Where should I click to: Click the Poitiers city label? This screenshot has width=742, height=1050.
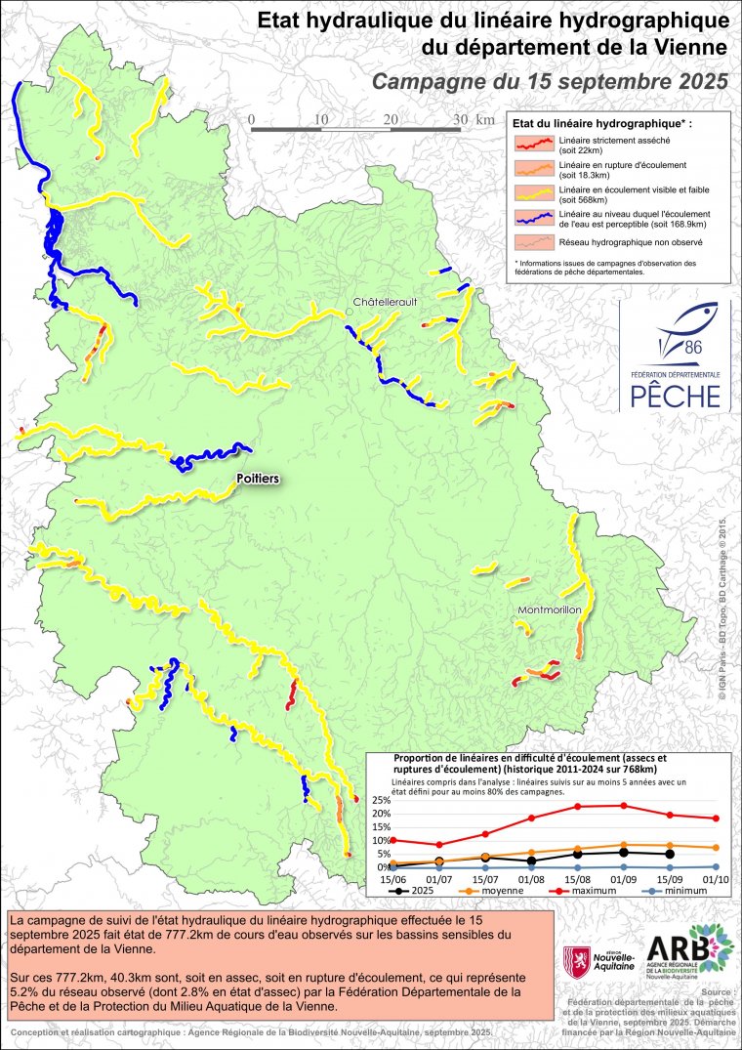click(258, 479)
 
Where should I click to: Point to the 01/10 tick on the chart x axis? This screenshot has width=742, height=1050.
click(716, 879)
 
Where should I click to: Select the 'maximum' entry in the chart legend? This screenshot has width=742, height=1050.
click(579, 891)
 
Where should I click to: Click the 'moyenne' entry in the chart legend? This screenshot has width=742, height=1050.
click(497, 891)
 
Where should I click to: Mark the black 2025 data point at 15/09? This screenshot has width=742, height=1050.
click(669, 854)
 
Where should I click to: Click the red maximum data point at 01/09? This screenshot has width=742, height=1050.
click(623, 806)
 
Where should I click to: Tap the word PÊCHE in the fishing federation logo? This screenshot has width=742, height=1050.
click(675, 396)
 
